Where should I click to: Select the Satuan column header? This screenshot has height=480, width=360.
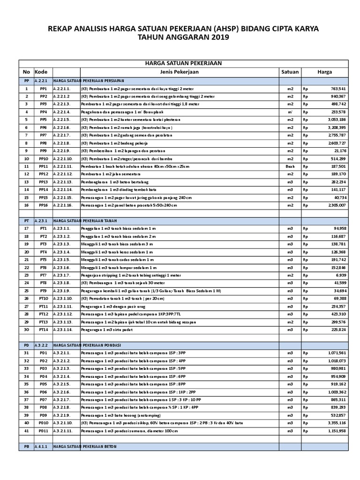tap(290, 72)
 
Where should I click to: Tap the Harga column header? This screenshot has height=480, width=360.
tap(325, 72)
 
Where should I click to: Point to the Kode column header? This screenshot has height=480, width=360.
tap(42, 72)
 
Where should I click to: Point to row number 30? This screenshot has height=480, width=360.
tap(27, 330)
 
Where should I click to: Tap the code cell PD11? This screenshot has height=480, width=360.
tap(44, 431)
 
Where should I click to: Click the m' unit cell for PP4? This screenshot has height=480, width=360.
tap(290, 112)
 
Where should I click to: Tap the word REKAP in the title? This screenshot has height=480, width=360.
tap(61, 29)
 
